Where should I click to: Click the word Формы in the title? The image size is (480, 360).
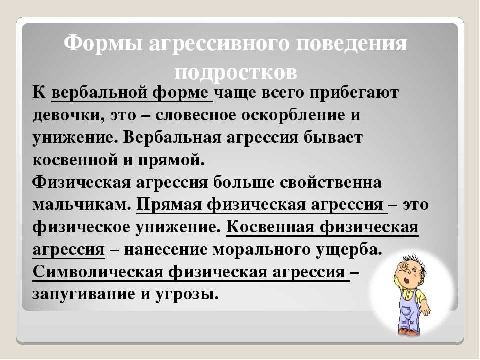(x=103, y=44)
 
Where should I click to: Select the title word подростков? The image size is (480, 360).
(x=235, y=73)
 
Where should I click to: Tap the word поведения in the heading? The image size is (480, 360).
(x=351, y=44)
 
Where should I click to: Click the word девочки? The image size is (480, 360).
(x=68, y=115)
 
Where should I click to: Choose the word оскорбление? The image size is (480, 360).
(x=294, y=115)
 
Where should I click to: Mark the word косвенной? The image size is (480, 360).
(x=75, y=160)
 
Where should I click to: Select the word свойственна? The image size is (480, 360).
(x=331, y=183)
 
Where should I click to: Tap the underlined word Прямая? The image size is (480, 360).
(x=169, y=205)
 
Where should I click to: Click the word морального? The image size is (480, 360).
(x=261, y=250)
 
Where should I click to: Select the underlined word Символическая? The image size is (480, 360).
(x=98, y=272)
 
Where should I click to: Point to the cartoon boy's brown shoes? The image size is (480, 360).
(x=407, y=332)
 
